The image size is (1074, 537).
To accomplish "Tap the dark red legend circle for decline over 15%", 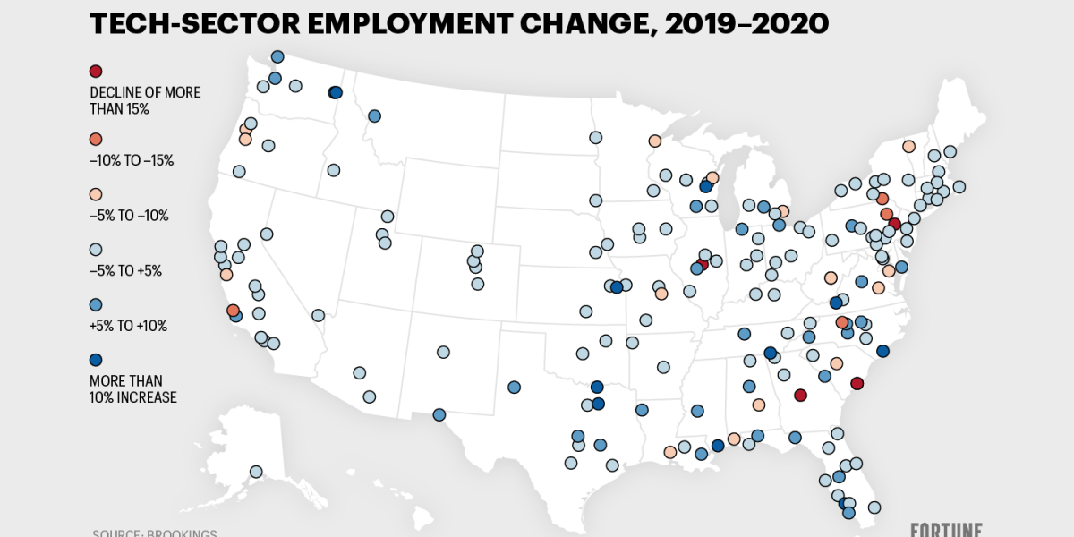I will coord(96,72).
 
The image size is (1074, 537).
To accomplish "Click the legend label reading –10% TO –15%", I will coord(131,161).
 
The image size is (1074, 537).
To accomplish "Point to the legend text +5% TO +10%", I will coord(128,326).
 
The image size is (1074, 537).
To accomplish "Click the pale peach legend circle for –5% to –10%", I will coord(96,194).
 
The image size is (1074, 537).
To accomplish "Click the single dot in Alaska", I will coord(256,472).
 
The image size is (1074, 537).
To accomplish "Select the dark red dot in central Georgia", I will coord(800,395).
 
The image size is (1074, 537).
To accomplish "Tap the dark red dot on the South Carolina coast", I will coord(857,383).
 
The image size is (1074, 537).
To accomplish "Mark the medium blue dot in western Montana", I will coord(374,115).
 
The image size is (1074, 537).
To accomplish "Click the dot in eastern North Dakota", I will coord(595,137).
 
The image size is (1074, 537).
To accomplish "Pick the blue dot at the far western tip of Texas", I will coord(439,414).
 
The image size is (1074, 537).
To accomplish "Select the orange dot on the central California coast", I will coord(233,310).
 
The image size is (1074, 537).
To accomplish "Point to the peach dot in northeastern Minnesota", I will coord(654,141).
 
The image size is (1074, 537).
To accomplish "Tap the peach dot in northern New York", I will coord(908,146).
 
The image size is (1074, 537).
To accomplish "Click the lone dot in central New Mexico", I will coord(443,352).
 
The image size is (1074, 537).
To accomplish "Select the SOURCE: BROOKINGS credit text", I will coord(154,533).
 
